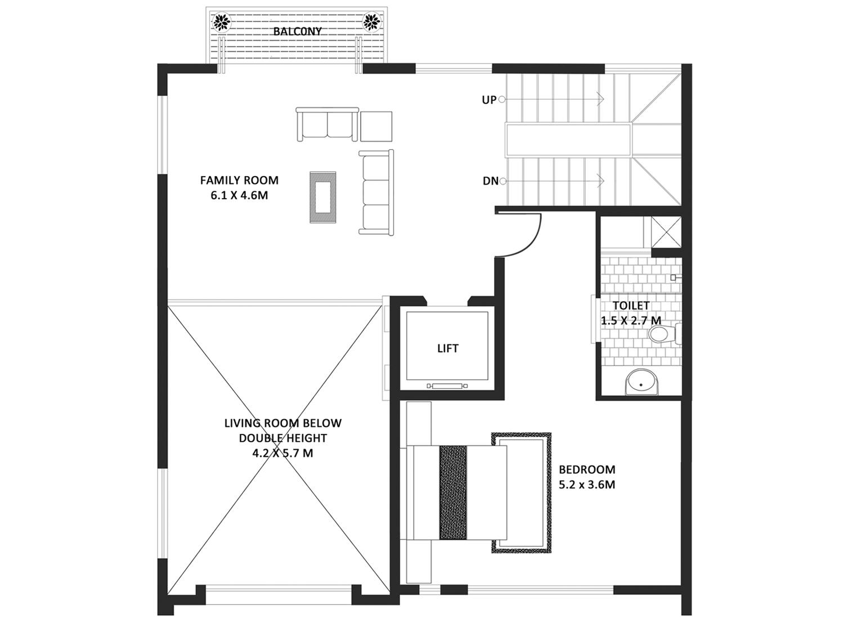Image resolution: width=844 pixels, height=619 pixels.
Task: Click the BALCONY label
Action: click(x=297, y=32)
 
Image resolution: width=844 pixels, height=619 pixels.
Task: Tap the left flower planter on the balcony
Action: click(x=222, y=22)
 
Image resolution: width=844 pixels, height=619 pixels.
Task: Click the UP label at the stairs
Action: click(x=489, y=100)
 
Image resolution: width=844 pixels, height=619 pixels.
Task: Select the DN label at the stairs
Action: click(x=490, y=181)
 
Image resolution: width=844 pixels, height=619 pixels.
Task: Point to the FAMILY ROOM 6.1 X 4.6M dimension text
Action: click(x=239, y=187)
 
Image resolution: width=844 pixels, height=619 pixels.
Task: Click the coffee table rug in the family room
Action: click(x=323, y=198)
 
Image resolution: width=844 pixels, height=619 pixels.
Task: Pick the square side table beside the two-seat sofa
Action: click(x=376, y=126)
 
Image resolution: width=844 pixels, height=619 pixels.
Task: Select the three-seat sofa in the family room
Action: click(x=376, y=192)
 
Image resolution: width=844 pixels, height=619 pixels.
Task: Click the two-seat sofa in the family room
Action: click(x=327, y=124)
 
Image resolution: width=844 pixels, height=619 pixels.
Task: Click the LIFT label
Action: click(x=448, y=348)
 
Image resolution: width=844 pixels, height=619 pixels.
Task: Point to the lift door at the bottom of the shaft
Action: click(x=447, y=386)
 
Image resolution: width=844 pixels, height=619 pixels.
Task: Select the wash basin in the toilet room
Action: click(x=641, y=382)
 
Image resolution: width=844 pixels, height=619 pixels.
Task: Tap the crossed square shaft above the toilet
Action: click(x=666, y=232)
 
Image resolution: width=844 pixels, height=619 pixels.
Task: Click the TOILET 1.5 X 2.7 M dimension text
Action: click(x=631, y=313)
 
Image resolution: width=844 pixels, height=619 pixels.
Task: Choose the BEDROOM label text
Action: click(x=587, y=469)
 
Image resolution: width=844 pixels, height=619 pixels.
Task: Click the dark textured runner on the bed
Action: click(x=453, y=492)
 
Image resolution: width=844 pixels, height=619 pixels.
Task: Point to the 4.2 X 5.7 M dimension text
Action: click(x=282, y=453)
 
